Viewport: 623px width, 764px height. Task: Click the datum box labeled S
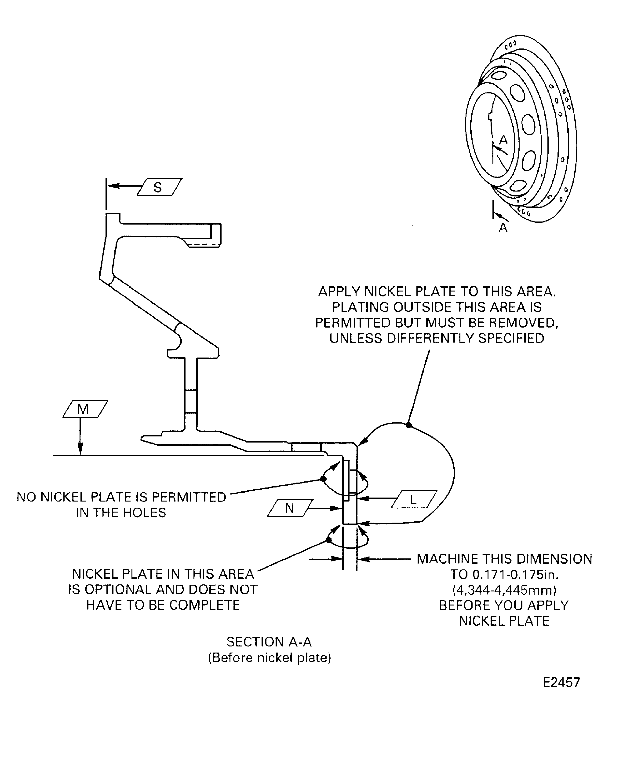pyautogui.click(x=159, y=187)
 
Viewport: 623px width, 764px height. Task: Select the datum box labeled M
pyautogui.click(x=85, y=409)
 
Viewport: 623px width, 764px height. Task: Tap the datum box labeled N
pyautogui.click(x=290, y=508)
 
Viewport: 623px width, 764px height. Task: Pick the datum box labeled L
pyautogui.click(x=414, y=499)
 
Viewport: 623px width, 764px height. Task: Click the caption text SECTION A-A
pyautogui.click(x=269, y=642)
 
